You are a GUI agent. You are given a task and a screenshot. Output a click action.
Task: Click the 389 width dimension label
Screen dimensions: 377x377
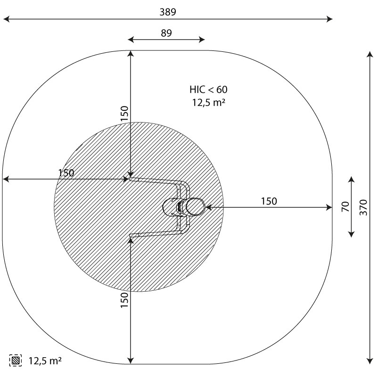(x=168, y=12)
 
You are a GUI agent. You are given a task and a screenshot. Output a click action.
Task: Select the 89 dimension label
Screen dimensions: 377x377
(x=166, y=33)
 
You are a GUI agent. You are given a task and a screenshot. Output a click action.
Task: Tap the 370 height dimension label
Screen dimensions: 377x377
(x=363, y=207)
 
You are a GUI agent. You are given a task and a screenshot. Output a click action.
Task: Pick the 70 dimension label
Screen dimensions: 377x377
(x=345, y=207)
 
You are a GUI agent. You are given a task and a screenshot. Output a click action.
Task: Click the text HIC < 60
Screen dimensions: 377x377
(x=208, y=90)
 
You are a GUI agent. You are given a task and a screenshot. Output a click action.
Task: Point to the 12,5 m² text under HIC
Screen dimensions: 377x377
(x=209, y=102)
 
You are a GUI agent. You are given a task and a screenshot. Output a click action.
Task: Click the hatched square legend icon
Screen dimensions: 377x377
(x=16, y=361)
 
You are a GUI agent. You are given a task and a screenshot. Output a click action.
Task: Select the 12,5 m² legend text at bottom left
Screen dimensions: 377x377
(x=45, y=361)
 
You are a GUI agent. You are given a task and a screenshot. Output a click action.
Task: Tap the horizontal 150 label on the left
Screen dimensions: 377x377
(x=66, y=173)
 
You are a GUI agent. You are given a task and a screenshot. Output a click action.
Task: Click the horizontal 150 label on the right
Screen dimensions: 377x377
(x=269, y=201)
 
